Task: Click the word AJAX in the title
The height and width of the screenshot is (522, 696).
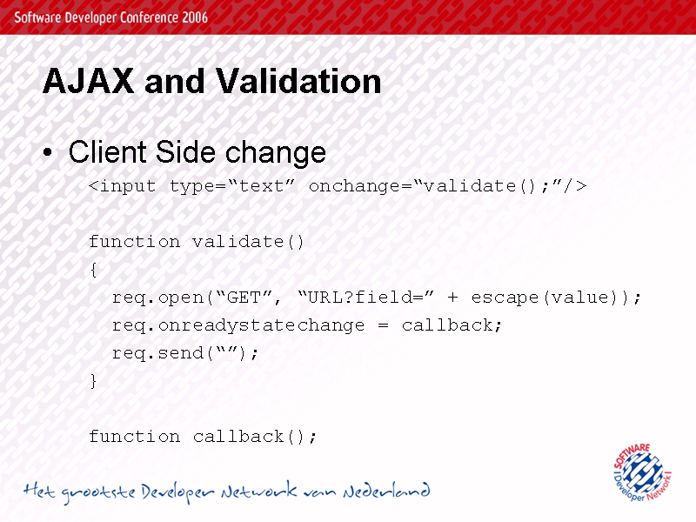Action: pyautogui.click(x=89, y=81)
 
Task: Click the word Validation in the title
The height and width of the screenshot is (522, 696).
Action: pyautogui.click(x=298, y=81)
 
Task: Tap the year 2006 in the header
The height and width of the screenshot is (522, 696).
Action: pyautogui.click(x=194, y=17)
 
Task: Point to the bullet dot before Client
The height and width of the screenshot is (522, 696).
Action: pyautogui.click(x=48, y=153)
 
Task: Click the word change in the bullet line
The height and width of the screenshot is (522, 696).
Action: pyautogui.click(x=276, y=153)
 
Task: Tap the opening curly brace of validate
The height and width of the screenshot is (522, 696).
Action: pyautogui.click(x=94, y=270)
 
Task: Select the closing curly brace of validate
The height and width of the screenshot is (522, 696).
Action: pyautogui.click(x=94, y=381)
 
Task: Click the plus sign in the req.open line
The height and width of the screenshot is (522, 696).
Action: pyautogui.click(x=452, y=298)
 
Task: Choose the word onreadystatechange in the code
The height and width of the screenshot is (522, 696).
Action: pyautogui.click(x=262, y=325)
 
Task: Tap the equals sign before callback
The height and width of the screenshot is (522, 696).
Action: pyautogui.click(x=384, y=325)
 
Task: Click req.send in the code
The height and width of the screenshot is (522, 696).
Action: pyautogui.click(x=157, y=353)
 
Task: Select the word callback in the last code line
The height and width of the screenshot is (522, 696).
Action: pyautogui.click(x=238, y=437)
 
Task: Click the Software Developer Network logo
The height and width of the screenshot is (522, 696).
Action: pyautogui.click(x=642, y=472)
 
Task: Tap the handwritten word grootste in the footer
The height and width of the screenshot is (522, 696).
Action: pyautogui.click(x=98, y=492)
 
